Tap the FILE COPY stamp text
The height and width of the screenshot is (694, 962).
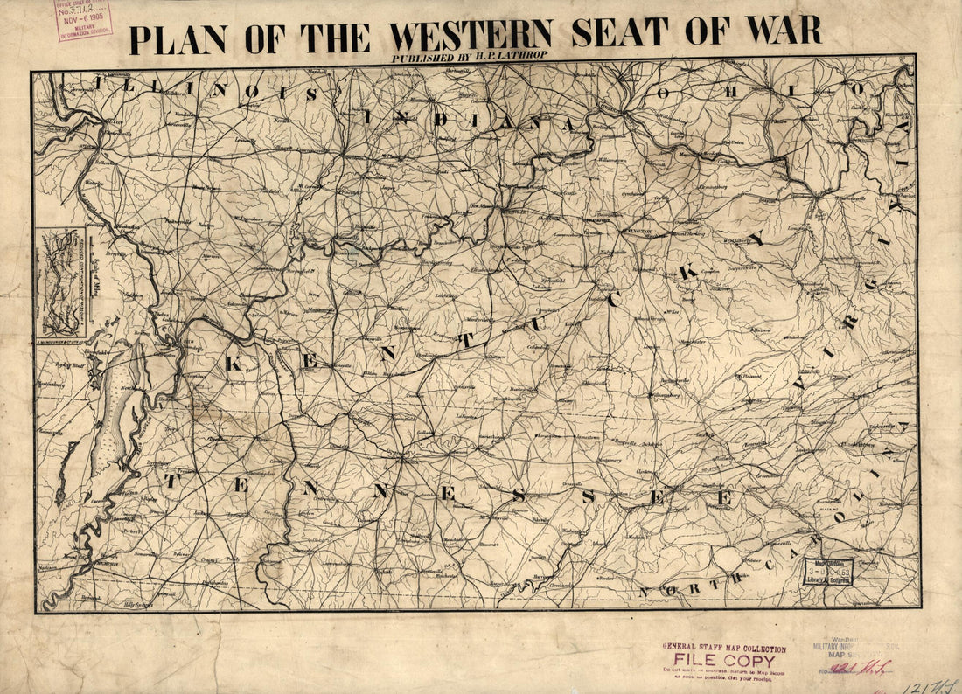(724, 660)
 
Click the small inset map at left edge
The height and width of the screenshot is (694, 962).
(60, 282)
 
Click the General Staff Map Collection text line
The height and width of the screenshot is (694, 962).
(724, 649)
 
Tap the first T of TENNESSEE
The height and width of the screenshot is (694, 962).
(172, 480)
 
